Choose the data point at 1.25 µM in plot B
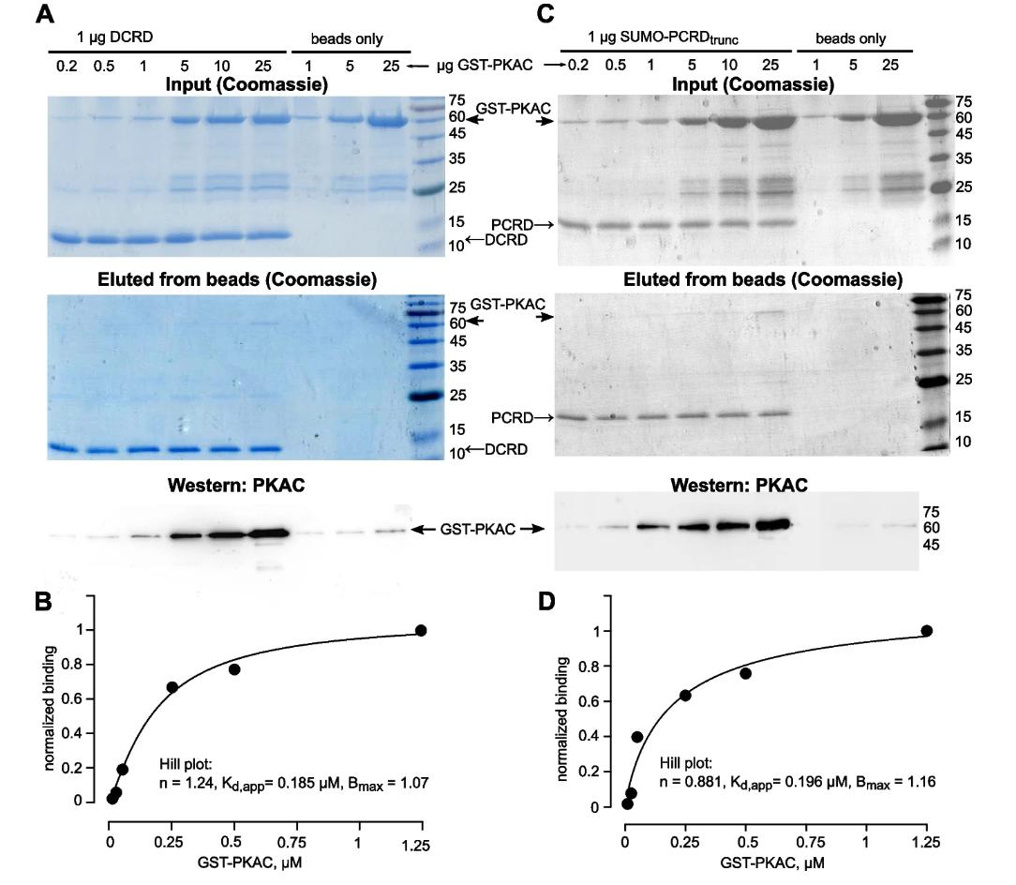click(421, 630)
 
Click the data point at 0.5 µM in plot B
click(234, 669)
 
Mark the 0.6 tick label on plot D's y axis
click(590, 700)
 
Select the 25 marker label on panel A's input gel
click(456, 188)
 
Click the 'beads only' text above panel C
click(850, 38)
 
